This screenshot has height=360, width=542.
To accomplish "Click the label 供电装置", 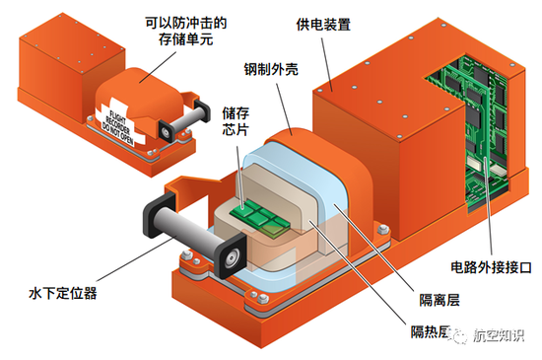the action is pos(323,25).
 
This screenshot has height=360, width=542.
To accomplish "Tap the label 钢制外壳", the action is pos(271,69).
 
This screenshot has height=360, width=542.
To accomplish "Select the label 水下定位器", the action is pos(63,293).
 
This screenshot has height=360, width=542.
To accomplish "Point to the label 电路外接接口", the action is pos(491,267).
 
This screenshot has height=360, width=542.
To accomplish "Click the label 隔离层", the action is pos(440,300).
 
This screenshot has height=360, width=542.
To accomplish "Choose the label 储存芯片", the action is pos(236,121).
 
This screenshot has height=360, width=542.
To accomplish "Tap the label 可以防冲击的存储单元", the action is pos(186,31).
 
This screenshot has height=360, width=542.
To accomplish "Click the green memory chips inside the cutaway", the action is pos(258,217).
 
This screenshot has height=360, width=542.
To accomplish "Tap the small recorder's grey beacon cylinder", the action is pos(185,119).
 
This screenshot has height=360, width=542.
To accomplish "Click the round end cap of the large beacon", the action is pos(231,258).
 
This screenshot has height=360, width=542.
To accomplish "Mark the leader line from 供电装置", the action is pos(327,64).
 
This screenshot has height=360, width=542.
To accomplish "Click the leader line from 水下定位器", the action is pos(138,257).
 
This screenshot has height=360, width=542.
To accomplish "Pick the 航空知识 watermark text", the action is pos(499,334).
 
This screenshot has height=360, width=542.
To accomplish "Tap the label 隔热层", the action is pos(431,331).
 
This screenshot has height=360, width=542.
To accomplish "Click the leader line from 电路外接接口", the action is pos(489,208).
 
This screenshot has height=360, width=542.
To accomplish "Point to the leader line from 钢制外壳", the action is pos(284,108).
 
